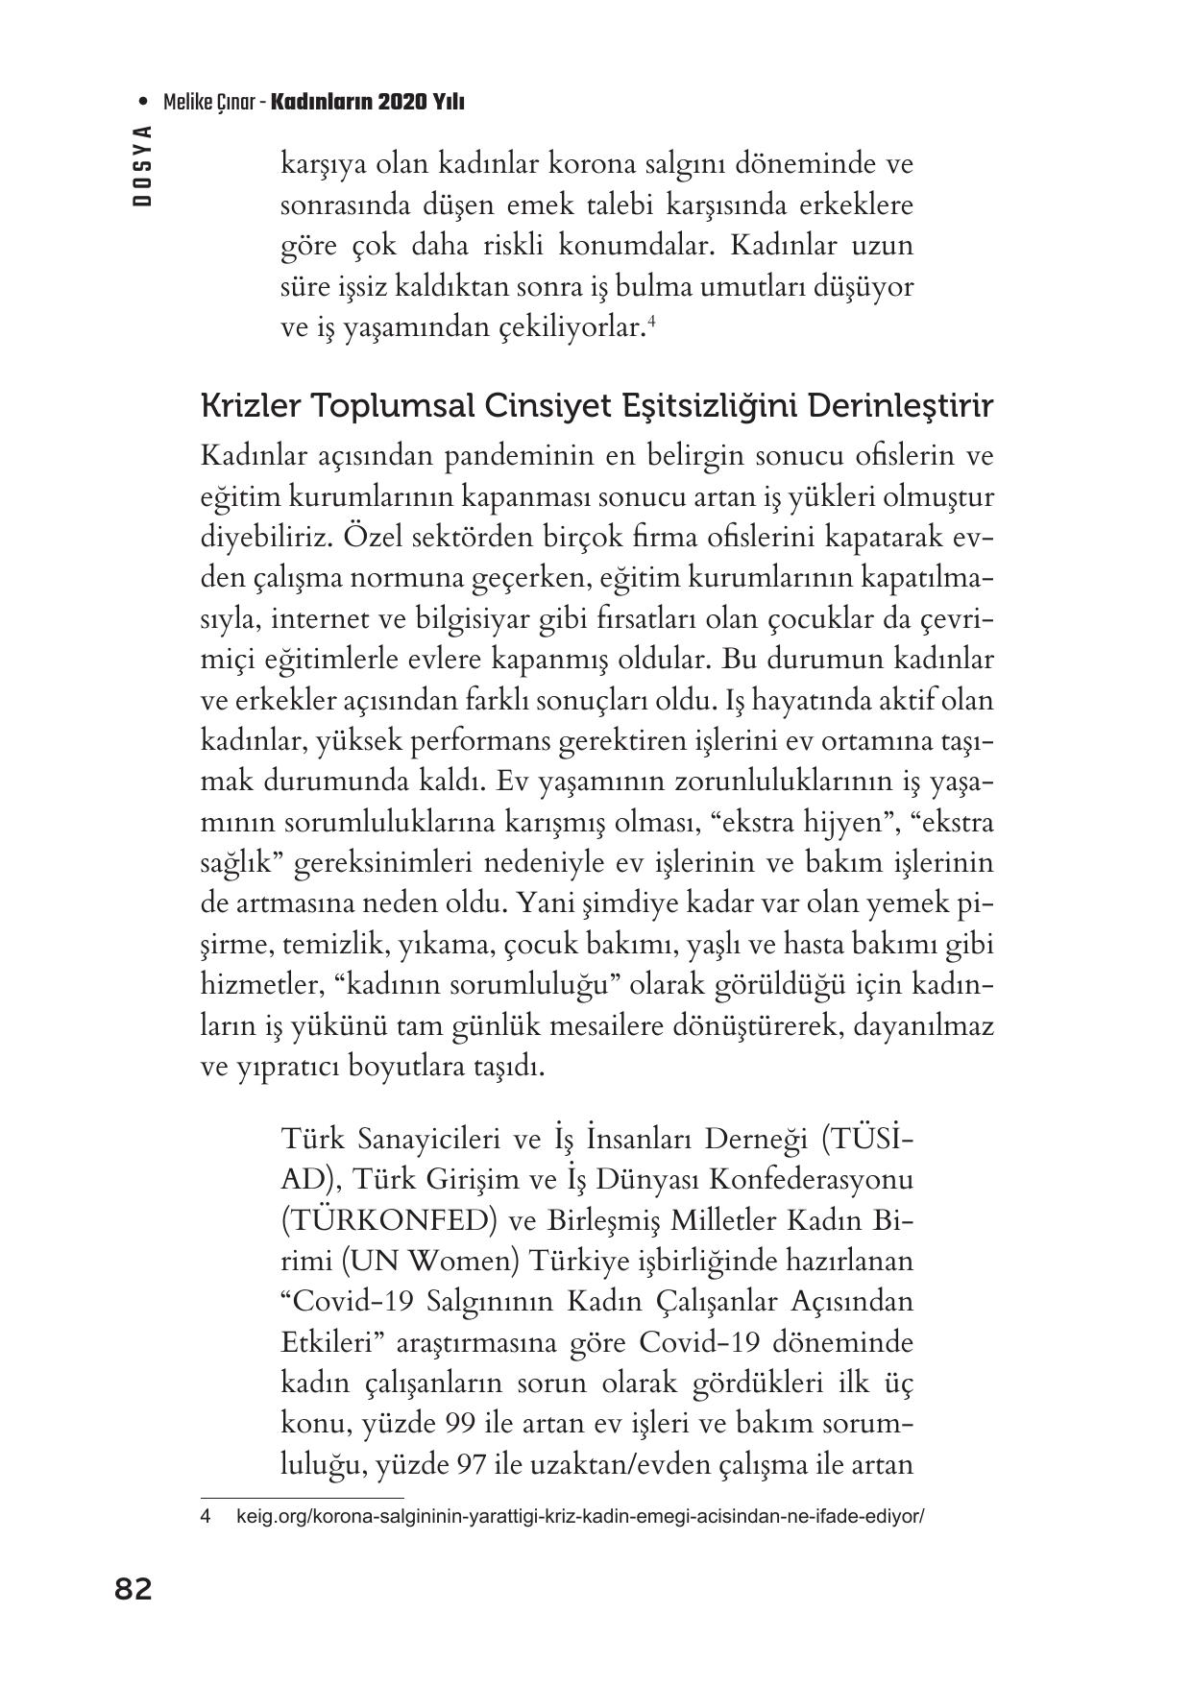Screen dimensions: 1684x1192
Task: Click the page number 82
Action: coord(133,1590)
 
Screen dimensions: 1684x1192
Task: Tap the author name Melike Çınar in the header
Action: coord(210,102)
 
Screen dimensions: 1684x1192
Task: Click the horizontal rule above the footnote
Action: coord(302,1497)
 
